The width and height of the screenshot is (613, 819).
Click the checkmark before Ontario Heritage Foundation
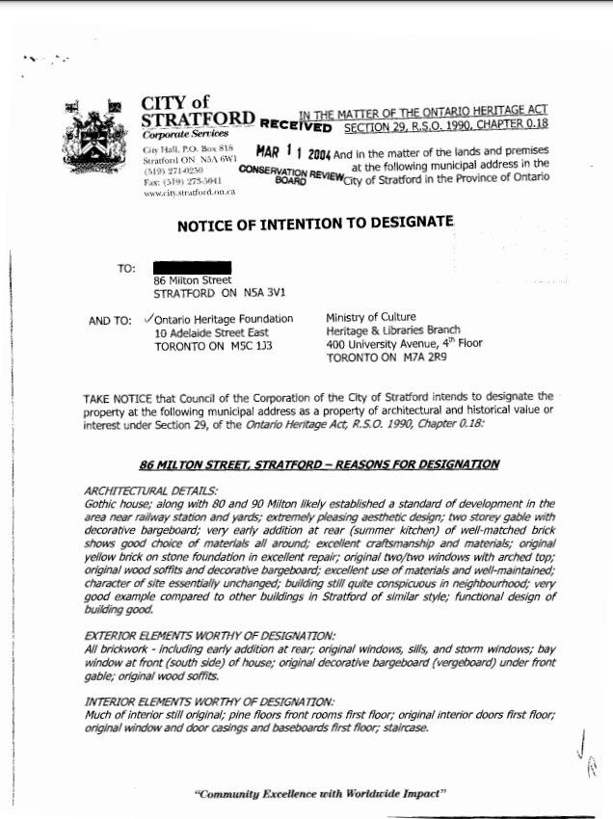147,319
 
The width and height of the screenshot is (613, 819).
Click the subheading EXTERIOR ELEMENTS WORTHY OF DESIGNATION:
210,636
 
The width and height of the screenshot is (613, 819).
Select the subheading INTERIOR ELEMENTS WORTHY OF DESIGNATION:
209,701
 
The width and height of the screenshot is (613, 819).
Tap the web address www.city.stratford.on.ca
182,192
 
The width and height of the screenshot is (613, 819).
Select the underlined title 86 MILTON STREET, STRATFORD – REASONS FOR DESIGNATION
319,464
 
